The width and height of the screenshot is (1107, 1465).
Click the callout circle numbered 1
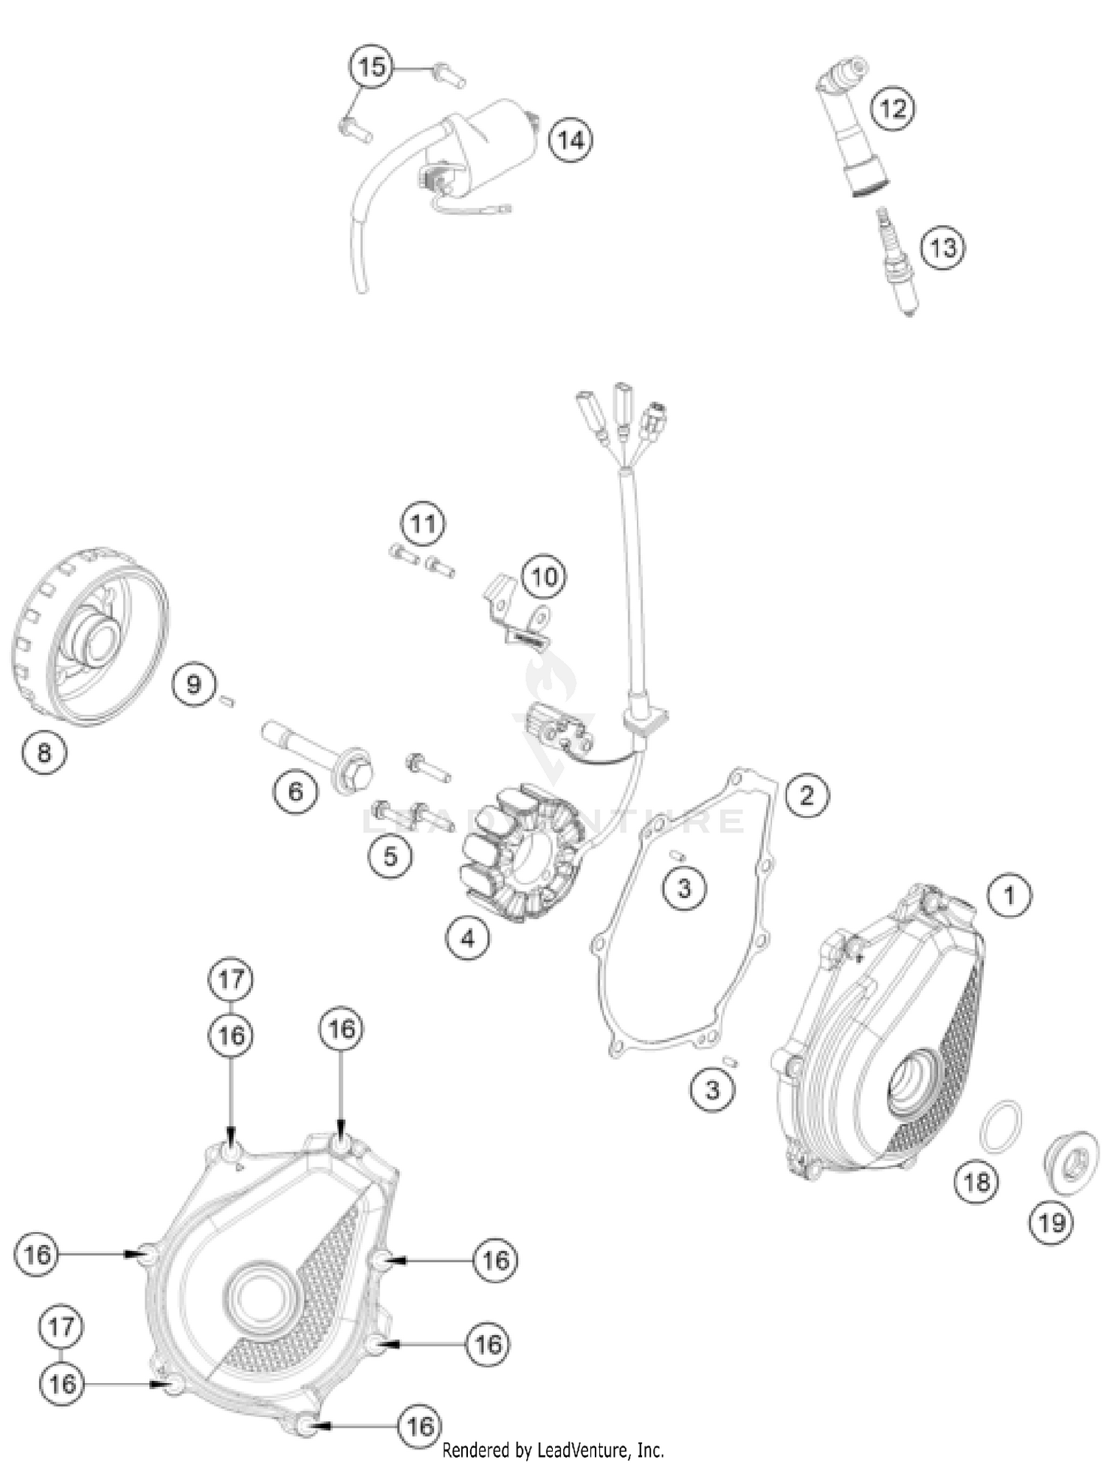tap(1009, 895)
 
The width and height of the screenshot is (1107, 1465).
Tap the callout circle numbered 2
tap(807, 795)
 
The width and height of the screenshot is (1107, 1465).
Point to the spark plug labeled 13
tap(896, 262)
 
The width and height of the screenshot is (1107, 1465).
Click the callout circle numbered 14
tap(570, 139)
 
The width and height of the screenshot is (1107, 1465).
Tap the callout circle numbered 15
tap(371, 67)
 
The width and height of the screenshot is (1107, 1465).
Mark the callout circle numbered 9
tap(193, 684)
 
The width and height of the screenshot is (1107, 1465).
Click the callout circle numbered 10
tap(545, 576)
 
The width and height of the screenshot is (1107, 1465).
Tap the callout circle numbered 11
tap(423, 523)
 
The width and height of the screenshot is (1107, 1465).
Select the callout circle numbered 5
tap(390, 856)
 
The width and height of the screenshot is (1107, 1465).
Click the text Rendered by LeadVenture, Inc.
tap(553, 1450)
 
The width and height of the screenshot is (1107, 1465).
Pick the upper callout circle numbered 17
tap(230, 979)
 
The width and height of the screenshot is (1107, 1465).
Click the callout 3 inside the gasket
tap(684, 888)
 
